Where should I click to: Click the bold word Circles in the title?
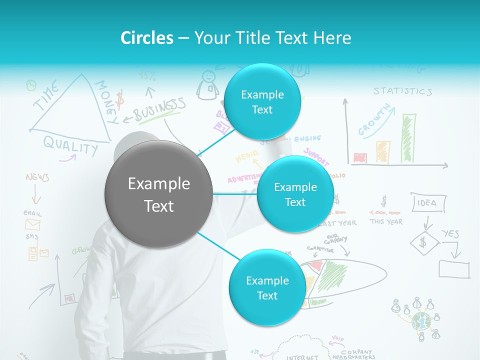click(x=147, y=38)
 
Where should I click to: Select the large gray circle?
click(x=158, y=194)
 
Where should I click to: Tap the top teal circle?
click(x=262, y=102)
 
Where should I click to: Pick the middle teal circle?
click(x=295, y=194)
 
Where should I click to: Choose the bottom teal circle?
click(x=267, y=287)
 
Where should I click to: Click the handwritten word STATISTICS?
click(x=402, y=91)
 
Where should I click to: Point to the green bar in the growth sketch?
click(x=408, y=138)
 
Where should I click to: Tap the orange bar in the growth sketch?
click(x=383, y=151)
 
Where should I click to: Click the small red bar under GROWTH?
click(x=360, y=157)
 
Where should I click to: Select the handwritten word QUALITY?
click(x=70, y=145)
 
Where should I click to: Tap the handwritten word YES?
click(x=450, y=233)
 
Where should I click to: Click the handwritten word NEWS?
click(x=37, y=177)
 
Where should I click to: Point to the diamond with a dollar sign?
click(x=424, y=243)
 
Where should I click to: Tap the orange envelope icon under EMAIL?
click(x=32, y=224)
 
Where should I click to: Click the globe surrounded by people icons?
click(x=421, y=320)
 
